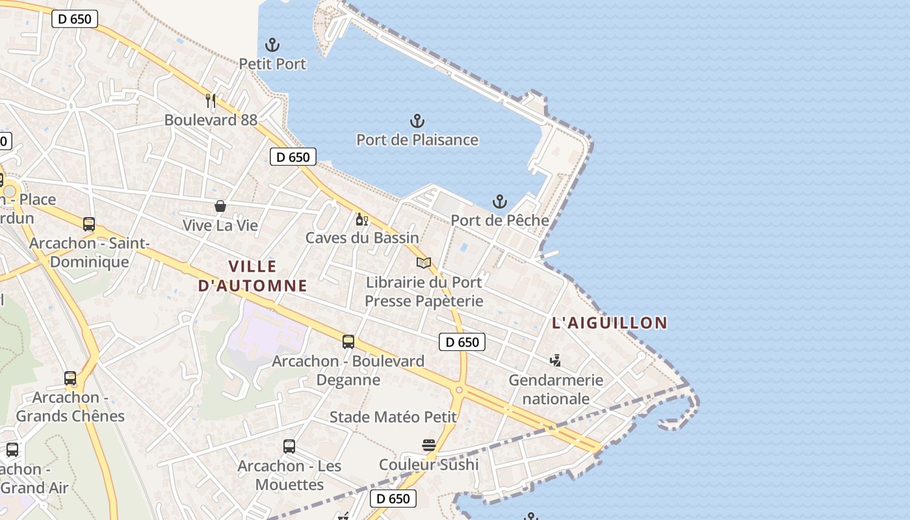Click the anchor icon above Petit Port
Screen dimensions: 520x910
coord(272,45)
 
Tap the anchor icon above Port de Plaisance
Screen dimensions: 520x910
coord(417,121)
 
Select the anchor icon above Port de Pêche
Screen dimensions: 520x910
coord(499,201)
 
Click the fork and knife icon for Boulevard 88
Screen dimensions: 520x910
coord(210,101)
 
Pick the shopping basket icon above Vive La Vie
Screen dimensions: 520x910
coord(220,206)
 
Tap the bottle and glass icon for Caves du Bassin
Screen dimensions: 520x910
coord(361,219)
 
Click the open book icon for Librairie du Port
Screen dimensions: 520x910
coord(424,263)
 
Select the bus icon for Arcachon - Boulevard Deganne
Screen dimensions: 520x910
coord(348,341)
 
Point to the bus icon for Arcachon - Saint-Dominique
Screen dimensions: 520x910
coord(89,224)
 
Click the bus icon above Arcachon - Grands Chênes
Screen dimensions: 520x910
coord(70,378)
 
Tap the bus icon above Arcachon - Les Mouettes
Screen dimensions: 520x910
coord(289,447)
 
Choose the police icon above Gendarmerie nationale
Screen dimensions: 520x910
coord(555,360)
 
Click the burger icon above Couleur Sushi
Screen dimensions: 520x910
coord(428,445)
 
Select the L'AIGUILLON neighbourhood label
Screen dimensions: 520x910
coord(610,323)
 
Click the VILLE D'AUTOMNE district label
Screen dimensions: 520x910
coord(253,276)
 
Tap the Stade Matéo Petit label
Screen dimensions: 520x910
coord(393,417)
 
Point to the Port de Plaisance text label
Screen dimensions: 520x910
coord(417,140)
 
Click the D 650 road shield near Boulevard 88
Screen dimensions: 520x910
coord(293,157)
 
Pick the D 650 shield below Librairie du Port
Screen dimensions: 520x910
coord(462,342)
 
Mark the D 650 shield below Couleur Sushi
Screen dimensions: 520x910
coord(393,499)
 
